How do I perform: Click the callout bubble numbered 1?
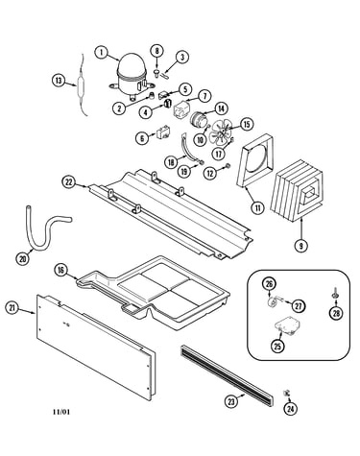pyautogui.click(x=102, y=53)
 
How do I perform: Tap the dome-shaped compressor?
pyautogui.click(x=131, y=76)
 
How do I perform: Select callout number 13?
pyautogui.click(x=59, y=81)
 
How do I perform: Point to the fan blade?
pyautogui.click(x=221, y=132)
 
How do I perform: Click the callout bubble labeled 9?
pyautogui.click(x=301, y=246)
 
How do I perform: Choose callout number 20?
pyautogui.click(x=22, y=259)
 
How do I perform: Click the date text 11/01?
pyautogui.click(x=61, y=412)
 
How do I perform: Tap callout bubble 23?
pyautogui.click(x=231, y=401)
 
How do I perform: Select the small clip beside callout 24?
pyautogui.click(x=286, y=393)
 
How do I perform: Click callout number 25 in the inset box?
pyautogui.click(x=277, y=346)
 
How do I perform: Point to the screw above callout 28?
pyautogui.click(x=334, y=293)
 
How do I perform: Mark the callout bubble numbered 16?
pyautogui.click(x=60, y=270)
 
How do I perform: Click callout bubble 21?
pyautogui.click(x=12, y=308)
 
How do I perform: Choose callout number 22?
pyautogui.click(x=68, y=182)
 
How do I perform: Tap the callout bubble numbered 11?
pyautogui.click(x=257, y=208)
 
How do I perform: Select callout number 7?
pyautogui.click(x=204, y=96)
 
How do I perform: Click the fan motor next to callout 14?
pyautogui.click(x=198, y=119)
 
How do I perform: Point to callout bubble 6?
pyautogui.click(x=142, y=138)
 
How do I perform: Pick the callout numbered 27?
pyautogui.click(x=299, y=306)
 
